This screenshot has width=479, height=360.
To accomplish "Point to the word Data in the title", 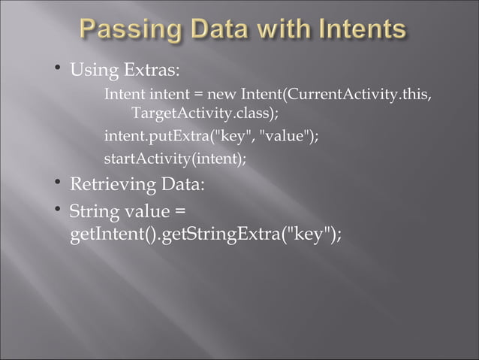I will point(207,32).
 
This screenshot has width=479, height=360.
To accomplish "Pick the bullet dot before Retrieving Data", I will point(58,183).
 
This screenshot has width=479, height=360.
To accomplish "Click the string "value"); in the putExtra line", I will point(288,137).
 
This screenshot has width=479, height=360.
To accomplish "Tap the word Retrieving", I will point(115,185).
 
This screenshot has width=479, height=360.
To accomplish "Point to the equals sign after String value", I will point(179,213).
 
